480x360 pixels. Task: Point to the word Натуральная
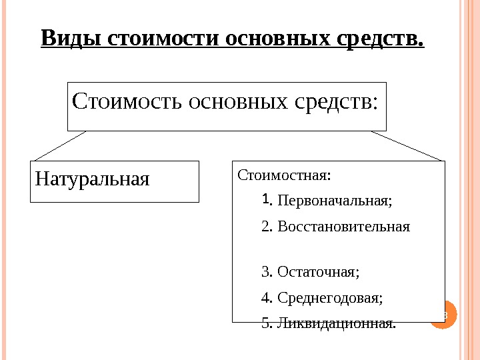tap(92, 179)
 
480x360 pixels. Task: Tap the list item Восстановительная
tap(343, 226)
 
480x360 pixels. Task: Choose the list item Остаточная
tap(318, 272)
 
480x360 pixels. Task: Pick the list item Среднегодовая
tap(330, 298)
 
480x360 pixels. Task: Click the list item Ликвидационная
tap(336, 324)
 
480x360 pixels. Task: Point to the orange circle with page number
tap(443, 314)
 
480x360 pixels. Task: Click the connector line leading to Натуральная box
tap(60, 145)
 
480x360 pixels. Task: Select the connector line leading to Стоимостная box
tap(407, 145)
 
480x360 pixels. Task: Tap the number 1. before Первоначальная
tap(267, 199)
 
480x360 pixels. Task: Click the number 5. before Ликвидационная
tap(267, 324)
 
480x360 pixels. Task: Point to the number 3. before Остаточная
tap(267, 272)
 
